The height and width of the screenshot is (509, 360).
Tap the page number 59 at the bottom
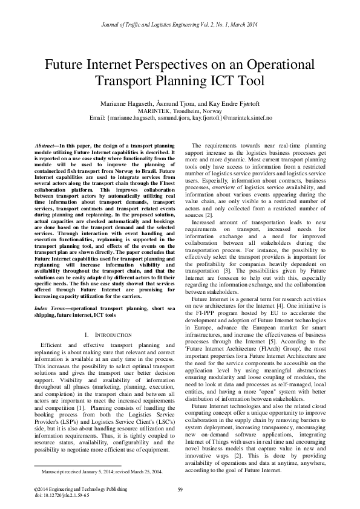point(180,490)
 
